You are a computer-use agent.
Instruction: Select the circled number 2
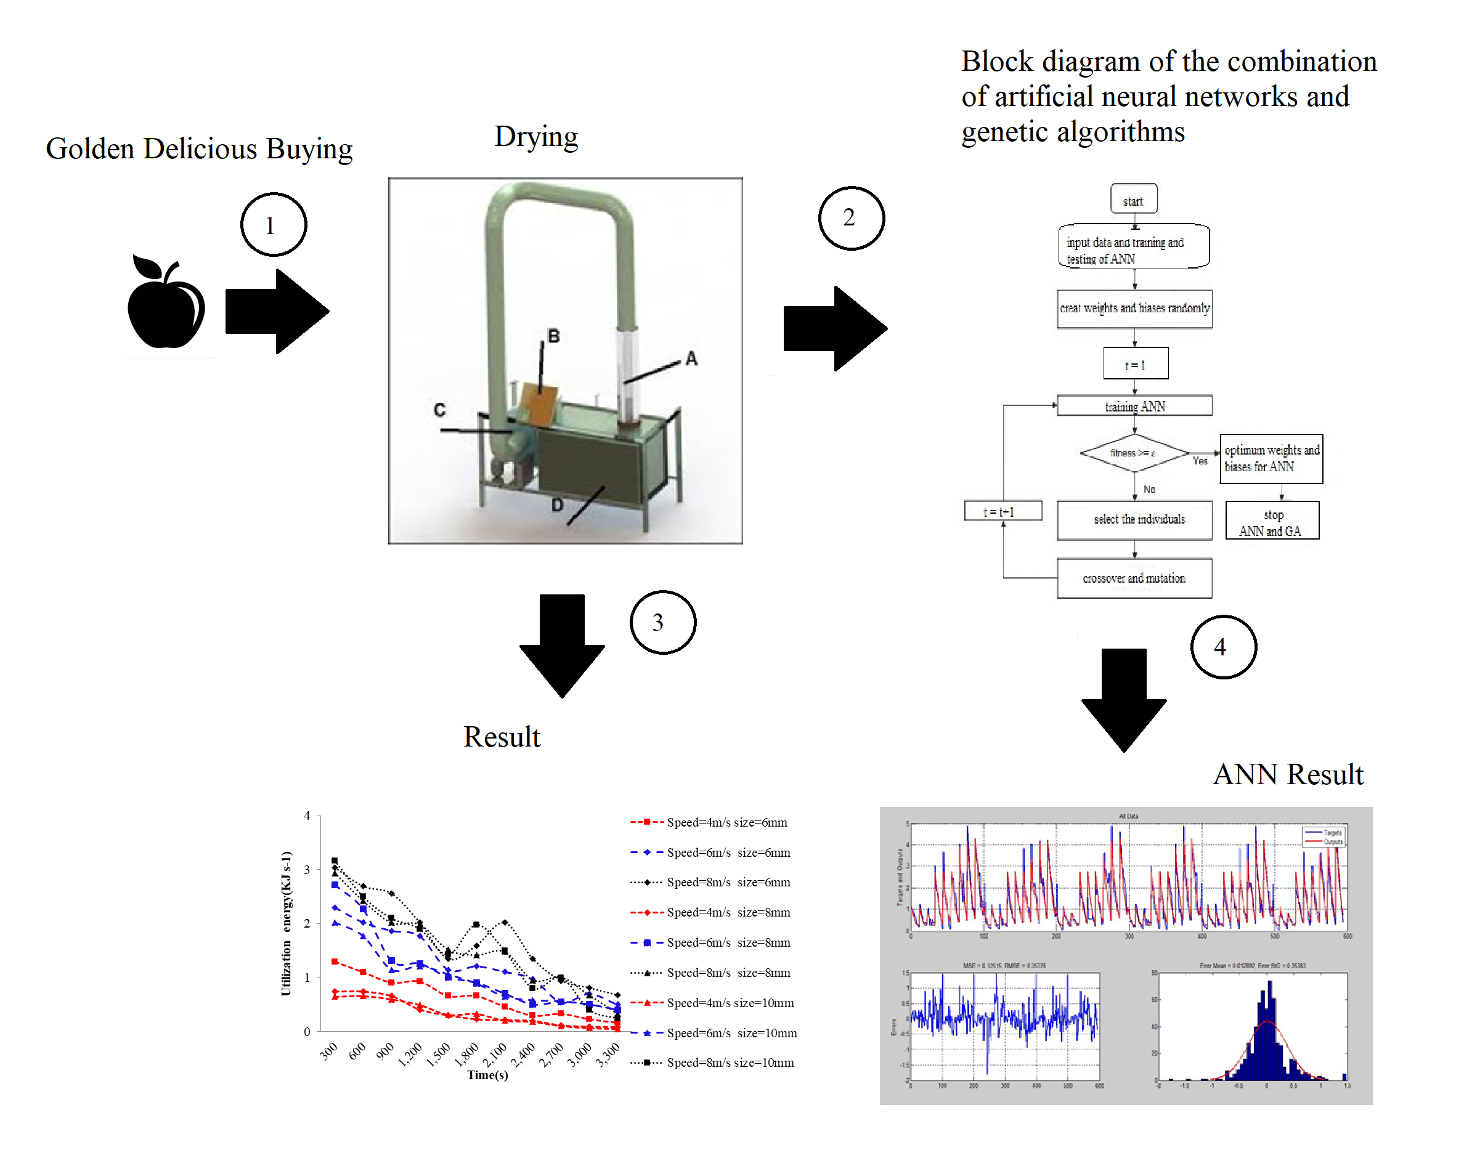click(x=851, y=217)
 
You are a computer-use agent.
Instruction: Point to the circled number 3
click(x=662, y=622)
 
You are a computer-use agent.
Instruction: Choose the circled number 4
click(x=1222, y=646)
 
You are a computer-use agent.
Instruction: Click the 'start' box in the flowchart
click(x=1133, y=200)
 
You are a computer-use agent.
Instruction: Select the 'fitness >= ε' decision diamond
click(x=1133, y=452)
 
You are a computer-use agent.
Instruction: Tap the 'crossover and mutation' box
click(x=1134, y=578)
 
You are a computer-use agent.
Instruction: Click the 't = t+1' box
click(x=1002, y=511)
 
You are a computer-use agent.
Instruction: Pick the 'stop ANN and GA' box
click(x=1271, y=521)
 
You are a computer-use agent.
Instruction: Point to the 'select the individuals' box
click(x=1134, y=519)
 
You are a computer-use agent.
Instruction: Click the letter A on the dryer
click(x=691, y=358)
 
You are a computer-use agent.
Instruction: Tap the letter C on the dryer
click(x=439, y=410)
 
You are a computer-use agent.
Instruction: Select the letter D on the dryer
click(x=557, y=504)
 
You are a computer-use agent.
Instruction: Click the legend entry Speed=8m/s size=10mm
click(x=730, y=1063)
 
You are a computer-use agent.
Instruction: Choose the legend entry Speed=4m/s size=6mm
click(x=726, y=822)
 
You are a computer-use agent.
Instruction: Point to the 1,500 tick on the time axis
click(x=439, y=1053)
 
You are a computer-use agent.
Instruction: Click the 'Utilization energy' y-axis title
click(x=287, y=923)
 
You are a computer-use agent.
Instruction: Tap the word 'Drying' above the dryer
click(x=535, y=136)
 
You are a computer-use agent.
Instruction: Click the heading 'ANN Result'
click(x=1288, y=774)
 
